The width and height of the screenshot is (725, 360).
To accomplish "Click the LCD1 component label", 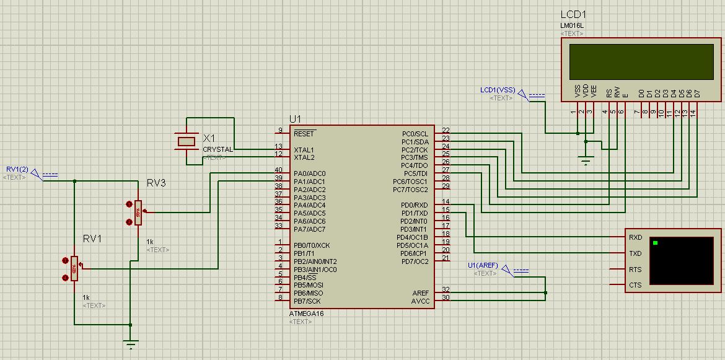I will coord(574,14).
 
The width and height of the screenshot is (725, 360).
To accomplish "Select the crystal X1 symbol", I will coord(187,142).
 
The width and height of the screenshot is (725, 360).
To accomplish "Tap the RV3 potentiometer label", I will coord(156,183).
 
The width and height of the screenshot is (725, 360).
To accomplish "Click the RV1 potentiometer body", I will coord(74,268).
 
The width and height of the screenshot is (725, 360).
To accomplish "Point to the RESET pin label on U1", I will coord(304,133).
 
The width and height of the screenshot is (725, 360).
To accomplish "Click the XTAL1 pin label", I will coord(304,150).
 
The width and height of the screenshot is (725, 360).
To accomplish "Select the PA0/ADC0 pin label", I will coord(309,173).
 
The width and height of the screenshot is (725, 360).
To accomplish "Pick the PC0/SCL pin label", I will coord(415,133).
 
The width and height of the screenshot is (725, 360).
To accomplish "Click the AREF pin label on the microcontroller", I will coord(420,292).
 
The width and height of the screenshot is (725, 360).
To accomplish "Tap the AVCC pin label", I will coord(420,301).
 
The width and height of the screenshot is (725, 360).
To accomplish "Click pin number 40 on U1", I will coord(279,170).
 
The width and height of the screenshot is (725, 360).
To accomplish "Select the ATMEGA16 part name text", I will coord(306,314).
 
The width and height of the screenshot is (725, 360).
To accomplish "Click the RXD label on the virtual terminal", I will coord(635,237).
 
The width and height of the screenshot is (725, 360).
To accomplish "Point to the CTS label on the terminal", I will coord(635,286).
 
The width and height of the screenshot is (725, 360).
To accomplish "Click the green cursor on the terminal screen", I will coord(655,242).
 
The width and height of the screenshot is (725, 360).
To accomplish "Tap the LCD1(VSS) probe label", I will coord(497,90).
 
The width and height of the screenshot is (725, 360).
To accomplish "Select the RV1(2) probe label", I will coord(17,169).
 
